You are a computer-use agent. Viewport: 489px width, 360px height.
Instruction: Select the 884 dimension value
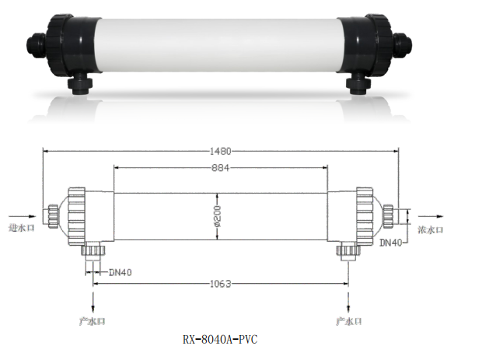pos(221,168)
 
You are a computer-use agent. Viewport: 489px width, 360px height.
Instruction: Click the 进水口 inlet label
pos(19,229)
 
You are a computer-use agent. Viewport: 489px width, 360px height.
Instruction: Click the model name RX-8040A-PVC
pos(219,340)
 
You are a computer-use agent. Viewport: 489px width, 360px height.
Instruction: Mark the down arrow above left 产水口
pos(93,304)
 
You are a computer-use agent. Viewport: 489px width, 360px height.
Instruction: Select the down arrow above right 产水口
pos(346,304)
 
